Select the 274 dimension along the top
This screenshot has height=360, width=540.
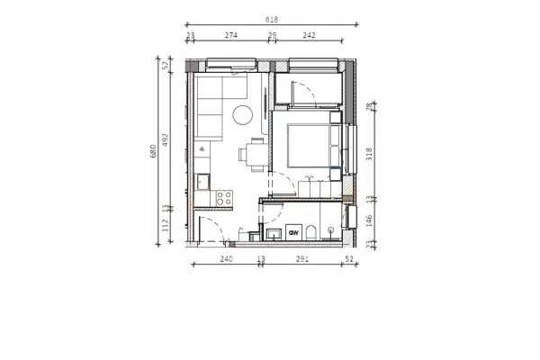pyautogui.click(x=231, y=35)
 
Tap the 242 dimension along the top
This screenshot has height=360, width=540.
pyautogui.click(x=309, y=35)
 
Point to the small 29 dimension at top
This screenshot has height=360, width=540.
pyautogui.click(x=272, y=35)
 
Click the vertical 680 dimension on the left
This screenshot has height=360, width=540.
pyautogui.click(x=153, y=152)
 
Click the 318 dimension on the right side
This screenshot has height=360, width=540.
pyautogui.click(x=370, y=153)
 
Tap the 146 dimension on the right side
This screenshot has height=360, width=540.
pyautogui.click(x=370, y=219)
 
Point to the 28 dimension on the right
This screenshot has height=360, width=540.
pyautogui.click(x=370, y=107)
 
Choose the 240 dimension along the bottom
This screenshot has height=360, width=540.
pyautogui.click(x=226, y=259)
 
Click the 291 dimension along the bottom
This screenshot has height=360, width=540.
pyautogui.click(x=301, y=259)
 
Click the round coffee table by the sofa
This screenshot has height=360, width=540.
pyautogui.click(x=242, y=114)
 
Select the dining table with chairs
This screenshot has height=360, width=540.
pyautogui.click(x=256, y=154)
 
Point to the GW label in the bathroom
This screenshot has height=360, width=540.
pyautogui.click(x=293, y=232)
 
